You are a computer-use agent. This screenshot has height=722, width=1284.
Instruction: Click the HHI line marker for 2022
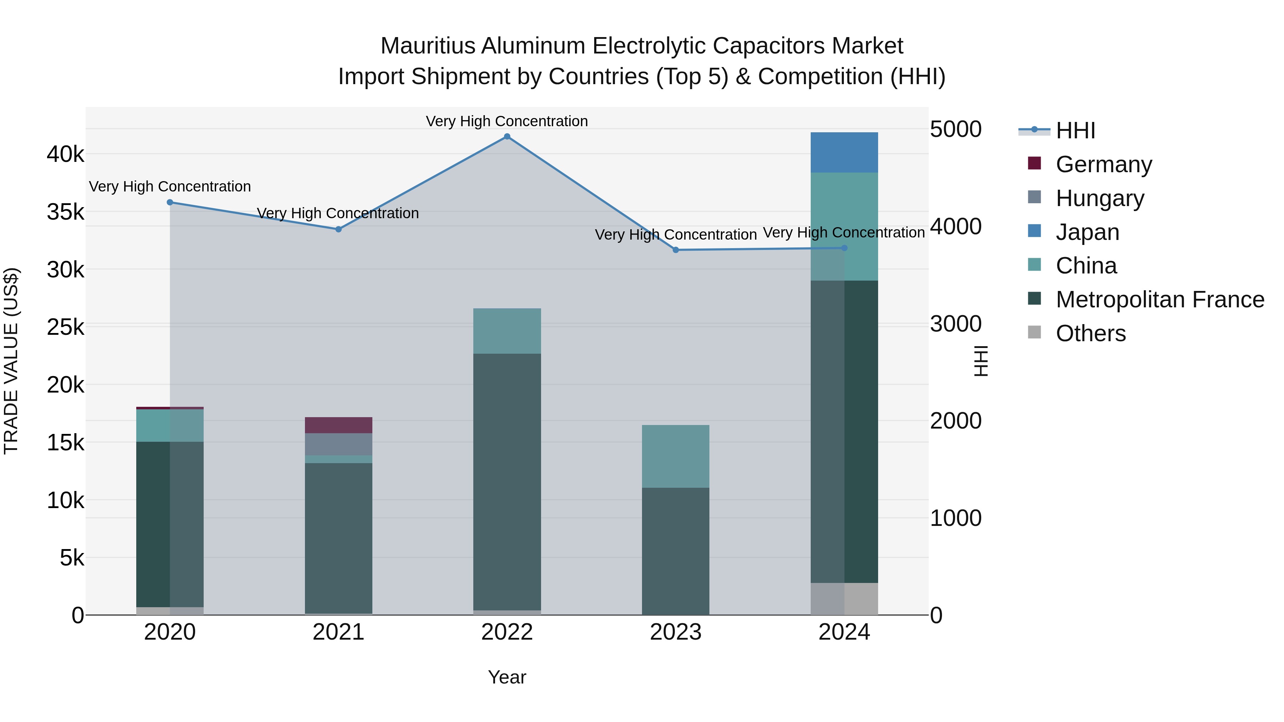tap(507, 137)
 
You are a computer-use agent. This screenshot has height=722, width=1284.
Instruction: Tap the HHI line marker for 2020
tap(170, 202)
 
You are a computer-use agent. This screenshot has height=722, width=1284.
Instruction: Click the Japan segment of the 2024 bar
tap(844, 153)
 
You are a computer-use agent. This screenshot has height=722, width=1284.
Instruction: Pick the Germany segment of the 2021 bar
tap(338, 425)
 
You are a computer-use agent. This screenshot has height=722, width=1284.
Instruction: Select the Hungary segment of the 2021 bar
tap(338, 444)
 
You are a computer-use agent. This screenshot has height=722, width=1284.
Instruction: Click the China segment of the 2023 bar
tap(676, 456)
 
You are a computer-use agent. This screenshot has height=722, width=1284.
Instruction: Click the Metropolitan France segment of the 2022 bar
tap(507, 481)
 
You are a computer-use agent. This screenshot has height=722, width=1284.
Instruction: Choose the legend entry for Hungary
tap(1100, 198)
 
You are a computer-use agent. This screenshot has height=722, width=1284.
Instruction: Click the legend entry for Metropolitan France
tap(1160, 299)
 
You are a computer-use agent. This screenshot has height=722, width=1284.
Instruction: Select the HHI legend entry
tap(1075, 130)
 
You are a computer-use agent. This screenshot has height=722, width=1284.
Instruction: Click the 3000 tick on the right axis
tap(956, 324)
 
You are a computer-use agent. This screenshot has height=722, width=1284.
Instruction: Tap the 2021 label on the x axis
tap(338, 632)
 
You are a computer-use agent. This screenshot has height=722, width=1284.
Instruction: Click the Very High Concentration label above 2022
tap(506, 121)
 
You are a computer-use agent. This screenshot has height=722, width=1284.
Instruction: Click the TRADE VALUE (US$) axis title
tap(11, 361)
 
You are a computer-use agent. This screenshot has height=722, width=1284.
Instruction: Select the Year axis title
tap(507, 677)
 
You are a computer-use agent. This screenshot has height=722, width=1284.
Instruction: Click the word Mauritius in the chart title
tap(428, 46)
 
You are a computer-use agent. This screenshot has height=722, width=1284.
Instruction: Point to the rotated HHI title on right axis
tap(980, 361)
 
